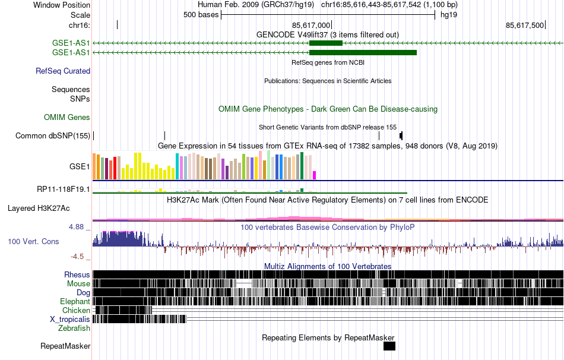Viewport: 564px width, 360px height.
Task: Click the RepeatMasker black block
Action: [x=389, y=346]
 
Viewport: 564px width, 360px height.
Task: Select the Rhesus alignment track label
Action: [x=77, y=275]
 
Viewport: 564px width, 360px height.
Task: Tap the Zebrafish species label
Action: [x=74, y=328]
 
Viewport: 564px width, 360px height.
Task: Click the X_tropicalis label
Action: [x=70, y=319]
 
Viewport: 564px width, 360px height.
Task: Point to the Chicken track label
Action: [x=76, y=310]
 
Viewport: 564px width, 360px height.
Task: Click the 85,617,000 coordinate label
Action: [x=311, y=25]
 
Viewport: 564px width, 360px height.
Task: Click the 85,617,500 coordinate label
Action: [x=525, y=25]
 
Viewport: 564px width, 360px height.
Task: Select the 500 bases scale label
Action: [x=201, y=15]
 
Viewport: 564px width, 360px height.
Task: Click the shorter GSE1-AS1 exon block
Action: [x=326, y=43]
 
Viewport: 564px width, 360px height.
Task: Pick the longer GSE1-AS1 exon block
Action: [x=363, y=52]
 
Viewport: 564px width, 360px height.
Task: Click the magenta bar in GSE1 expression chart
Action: [x=315, y=175]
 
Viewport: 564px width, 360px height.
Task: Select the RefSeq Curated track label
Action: [x=63, y=71]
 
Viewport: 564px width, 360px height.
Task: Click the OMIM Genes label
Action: [x=67, y=118]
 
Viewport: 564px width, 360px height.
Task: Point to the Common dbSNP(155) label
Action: [x=53, y=135]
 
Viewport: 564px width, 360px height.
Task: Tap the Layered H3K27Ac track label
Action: [x=39, y=209]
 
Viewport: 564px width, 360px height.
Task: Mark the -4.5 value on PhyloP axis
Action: [x=79, y=257]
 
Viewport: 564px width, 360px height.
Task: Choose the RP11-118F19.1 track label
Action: [x=63, y=190]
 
